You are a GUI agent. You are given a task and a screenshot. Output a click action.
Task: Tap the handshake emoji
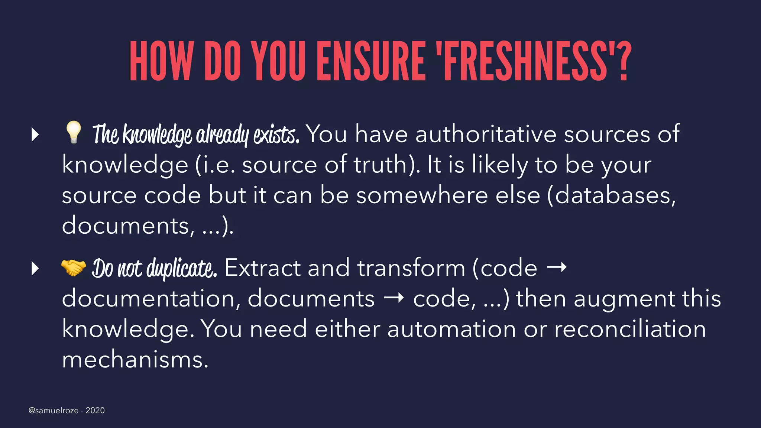[x=73, y=267]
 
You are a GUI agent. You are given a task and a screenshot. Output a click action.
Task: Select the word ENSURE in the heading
[x=371, y=61]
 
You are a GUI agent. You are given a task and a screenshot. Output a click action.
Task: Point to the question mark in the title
[x=625, y=61]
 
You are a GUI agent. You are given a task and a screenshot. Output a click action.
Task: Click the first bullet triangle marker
[x=35, y=134]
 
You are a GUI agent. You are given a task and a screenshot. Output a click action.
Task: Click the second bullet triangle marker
[x=35, y=268]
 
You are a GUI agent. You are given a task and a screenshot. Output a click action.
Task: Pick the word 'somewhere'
[x=422, y=195]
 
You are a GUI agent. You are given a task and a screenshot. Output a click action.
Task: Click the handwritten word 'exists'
[x=276, y=134]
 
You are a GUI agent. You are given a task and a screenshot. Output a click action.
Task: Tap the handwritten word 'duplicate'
[x=182, y=268]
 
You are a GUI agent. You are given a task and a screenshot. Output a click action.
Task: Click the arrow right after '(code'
[x=557, y=267]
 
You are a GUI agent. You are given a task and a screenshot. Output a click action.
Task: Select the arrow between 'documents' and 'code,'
[x=394, y=298]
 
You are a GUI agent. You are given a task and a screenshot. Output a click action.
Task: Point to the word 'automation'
[x=451, y=329]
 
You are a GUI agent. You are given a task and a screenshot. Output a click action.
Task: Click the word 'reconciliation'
[x=630, y=329]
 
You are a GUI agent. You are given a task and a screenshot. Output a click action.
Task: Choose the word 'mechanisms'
[x=135, y=360]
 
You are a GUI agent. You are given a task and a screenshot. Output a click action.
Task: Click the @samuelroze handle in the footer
[x=54, y=411]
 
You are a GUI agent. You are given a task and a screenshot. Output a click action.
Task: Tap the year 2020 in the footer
[x=95, y=411]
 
